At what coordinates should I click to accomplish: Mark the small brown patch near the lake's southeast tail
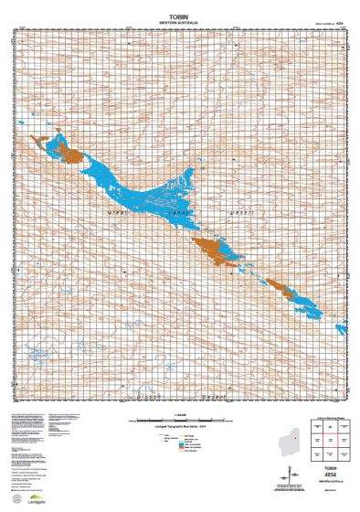pyautogui.click(x=292, y=293)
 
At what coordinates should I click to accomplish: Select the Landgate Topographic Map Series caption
pyautogui.click(x=180, y=426)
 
